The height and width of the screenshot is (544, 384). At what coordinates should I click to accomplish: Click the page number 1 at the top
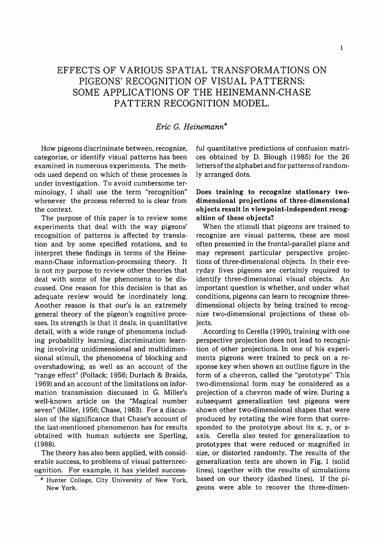[x=342, y=48]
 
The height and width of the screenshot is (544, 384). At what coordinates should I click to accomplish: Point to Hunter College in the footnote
[x=67, y=480]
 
